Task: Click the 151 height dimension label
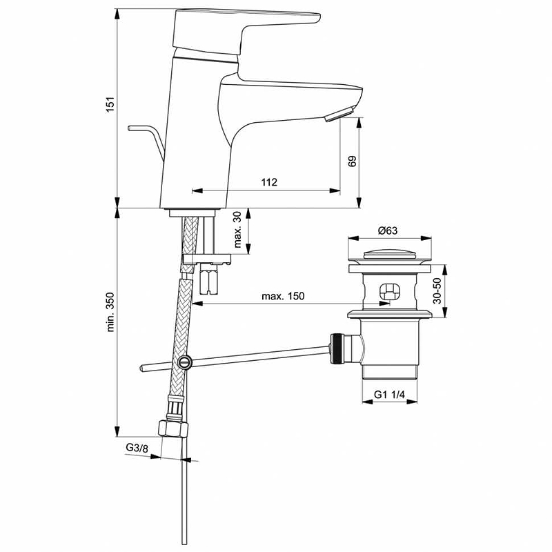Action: [x=110, y=104]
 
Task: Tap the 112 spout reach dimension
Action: [x=269, y=182]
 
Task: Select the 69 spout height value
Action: [x=352, y=161]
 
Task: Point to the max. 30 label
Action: [x=237, y=230]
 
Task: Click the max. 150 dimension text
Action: [x=283, y=296]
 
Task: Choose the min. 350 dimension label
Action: [x=110, y=312]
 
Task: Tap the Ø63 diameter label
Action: [x=387, y=230]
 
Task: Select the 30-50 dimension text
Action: [x=437, y=290]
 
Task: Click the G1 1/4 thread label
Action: [x=389, y=394]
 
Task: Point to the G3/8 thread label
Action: [x=137, y=448]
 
